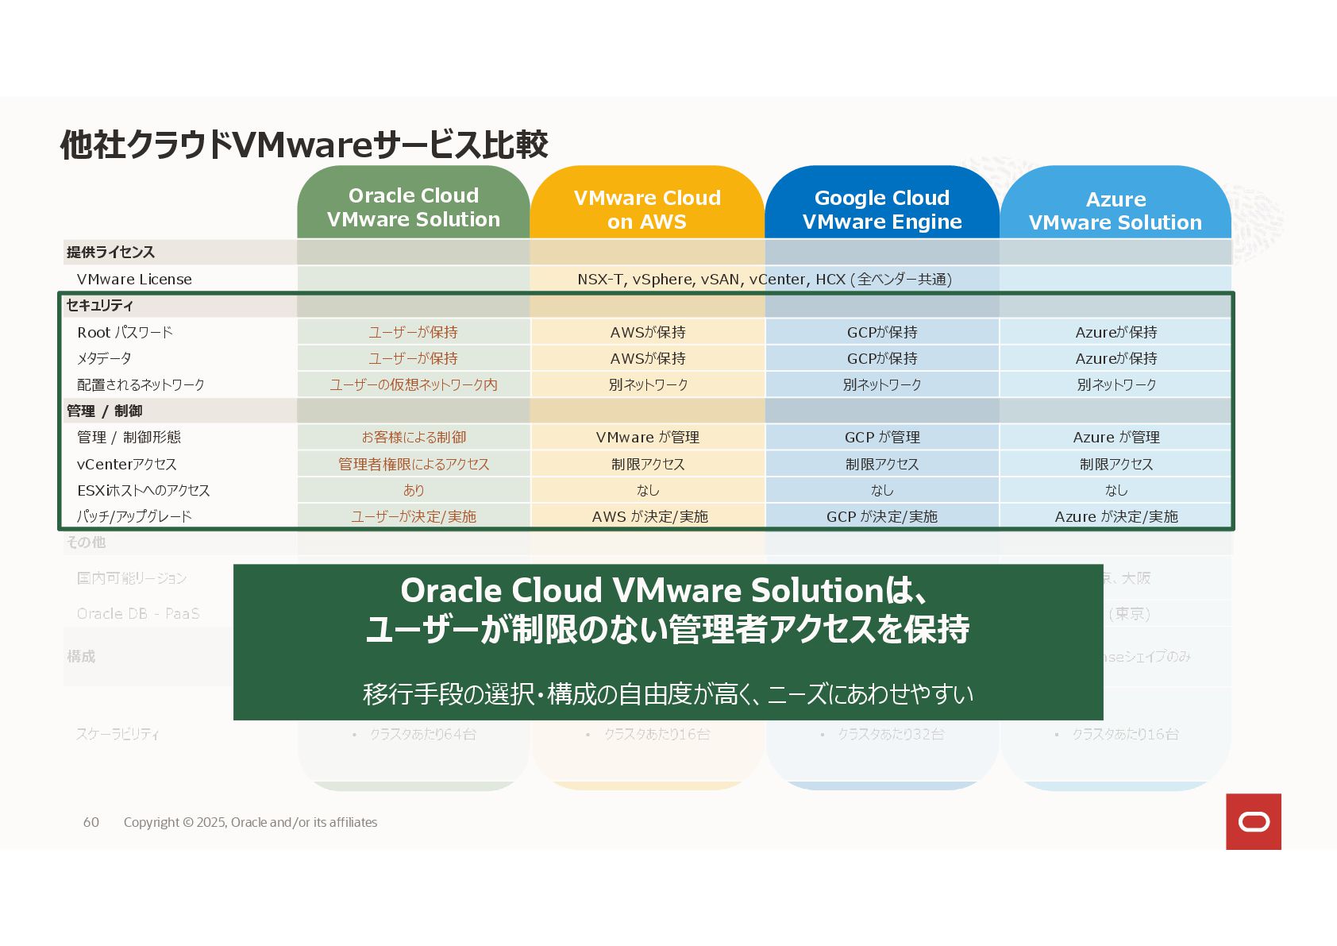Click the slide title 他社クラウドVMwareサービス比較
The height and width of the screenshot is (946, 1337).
click(304, 145)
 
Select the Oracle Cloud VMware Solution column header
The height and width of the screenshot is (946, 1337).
click(414, 207)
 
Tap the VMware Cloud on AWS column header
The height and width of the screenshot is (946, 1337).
click(647, 210)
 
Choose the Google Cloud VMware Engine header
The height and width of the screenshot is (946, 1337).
click(882, 210)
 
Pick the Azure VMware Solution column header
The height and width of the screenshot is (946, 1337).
click(1115, 210)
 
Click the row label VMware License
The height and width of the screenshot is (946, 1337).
click(134, 279)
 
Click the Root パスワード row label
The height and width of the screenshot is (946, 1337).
click(125, 332)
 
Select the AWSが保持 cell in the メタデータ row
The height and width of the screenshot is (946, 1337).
click(648, 358)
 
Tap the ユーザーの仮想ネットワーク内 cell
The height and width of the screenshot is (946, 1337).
click(414, 384)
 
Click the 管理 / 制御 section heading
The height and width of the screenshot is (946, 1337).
click(105, 411)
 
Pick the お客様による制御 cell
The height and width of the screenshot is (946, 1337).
click(414, 437)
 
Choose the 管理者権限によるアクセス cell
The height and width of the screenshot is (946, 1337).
click(414, 464)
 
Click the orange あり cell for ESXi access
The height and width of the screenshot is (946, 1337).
click(414, 490)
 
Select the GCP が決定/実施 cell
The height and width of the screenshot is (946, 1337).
click(882, 516)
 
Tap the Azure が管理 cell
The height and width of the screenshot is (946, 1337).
click(1116, 437)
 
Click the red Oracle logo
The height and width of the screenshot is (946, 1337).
click(1253, 821)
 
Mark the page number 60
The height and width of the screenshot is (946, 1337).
click(91, 822)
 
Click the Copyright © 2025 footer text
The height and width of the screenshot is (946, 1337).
click(250, 822)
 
